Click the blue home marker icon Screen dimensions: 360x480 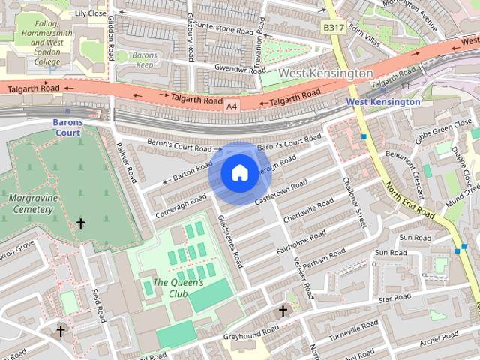coord(239,173)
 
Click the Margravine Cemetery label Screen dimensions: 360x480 coord(31,204)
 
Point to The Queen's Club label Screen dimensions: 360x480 coord(178,288)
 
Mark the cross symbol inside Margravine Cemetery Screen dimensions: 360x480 coord(80,223)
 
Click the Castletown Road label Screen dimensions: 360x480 coord(281,193)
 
